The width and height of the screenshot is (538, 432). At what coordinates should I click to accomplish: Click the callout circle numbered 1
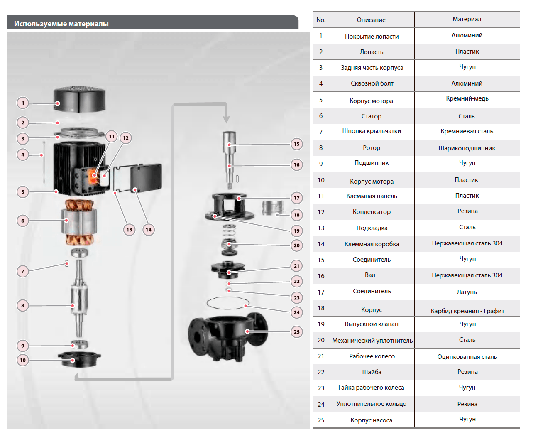click(x=23, y=103)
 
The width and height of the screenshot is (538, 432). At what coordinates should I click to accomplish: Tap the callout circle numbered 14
click(x=149, y=230)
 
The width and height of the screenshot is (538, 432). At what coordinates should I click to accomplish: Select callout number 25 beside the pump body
click(x=296, y=332)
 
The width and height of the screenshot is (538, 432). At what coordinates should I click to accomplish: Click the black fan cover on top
click(x=79, y=99)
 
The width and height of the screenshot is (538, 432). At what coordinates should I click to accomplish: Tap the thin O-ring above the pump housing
click(x=228, y=303)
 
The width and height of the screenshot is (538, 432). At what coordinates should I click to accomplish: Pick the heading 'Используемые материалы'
click(x=61, y=24)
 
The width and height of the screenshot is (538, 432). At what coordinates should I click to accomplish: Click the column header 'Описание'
click(x=371, y=20)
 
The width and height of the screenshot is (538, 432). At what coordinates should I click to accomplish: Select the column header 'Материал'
click(x=467, y=19)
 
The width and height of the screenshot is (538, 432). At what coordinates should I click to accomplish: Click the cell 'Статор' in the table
click(x=371, y=116)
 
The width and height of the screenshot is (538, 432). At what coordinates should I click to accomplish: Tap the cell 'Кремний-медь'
click(x=467, y=98)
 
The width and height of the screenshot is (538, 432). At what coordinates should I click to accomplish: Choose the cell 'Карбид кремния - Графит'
click(x=467, y=311)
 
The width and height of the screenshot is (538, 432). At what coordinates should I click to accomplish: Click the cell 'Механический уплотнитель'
click(x=372, y=341)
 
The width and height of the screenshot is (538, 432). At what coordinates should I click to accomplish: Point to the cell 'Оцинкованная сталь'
click(x=467, y=357)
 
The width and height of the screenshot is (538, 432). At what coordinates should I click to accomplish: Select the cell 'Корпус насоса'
click(x=371, y=420)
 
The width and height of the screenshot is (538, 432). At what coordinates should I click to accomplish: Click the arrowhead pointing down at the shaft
click(x=226, y=119)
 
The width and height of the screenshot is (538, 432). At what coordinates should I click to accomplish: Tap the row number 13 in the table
click(x=321, y=228)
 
